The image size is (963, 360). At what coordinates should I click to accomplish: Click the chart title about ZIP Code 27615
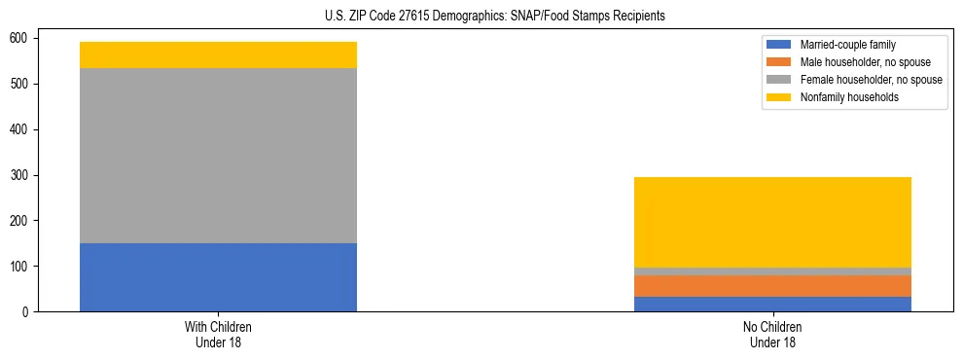point(495,17)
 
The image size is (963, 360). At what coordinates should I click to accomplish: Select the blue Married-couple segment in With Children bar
point(218,277)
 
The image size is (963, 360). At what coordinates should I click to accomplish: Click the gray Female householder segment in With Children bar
point(218,156)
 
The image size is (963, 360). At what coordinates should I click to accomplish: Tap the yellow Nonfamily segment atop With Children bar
point(218,54)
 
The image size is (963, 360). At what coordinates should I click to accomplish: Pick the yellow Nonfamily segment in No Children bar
point(772,222)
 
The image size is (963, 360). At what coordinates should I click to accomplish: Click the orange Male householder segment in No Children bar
point(772,286)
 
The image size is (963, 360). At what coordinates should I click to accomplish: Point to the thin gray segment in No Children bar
point(772,271)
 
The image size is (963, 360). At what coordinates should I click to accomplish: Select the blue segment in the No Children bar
point(772,304)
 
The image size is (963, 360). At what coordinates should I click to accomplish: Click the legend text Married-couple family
point(848,45)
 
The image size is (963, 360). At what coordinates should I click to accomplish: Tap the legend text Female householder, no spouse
point(871,80)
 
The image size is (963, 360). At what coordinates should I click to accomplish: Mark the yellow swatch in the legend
point(780,97)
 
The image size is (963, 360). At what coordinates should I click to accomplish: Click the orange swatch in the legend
point(780,62)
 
